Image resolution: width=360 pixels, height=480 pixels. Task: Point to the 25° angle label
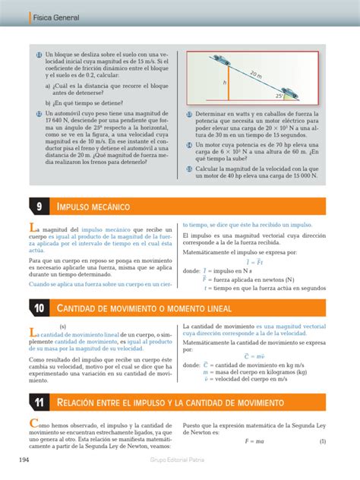pos(280,96)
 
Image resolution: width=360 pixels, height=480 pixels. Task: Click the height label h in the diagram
pos(225,82)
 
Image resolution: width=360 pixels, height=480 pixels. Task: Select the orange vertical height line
pos(230,84)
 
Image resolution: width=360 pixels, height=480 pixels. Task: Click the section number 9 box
pos(38,207)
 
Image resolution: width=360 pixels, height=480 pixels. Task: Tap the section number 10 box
pos(38,307)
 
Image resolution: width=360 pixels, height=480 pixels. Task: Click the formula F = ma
pos(253,441)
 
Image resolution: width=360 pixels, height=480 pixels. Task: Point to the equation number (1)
pos(322,441)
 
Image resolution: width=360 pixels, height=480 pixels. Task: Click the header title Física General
pos(43,14)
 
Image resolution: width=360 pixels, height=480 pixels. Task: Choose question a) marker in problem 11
pos(47,86)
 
